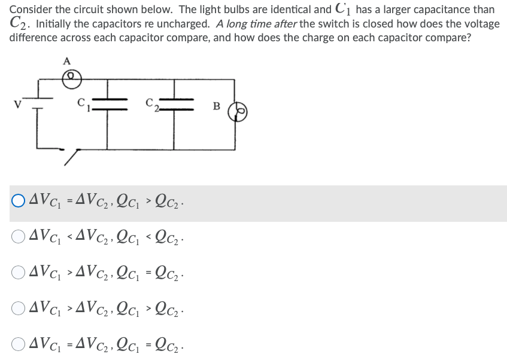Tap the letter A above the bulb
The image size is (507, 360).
tap(67, 60)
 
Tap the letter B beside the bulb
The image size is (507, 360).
tap(217, 106)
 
